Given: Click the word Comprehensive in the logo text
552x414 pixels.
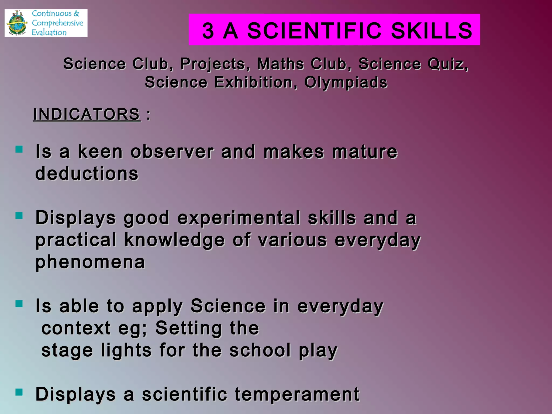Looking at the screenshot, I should point(57,23).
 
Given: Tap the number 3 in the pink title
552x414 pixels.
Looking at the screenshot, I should point(208,30).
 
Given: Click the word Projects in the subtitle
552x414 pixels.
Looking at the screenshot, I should point(212,64).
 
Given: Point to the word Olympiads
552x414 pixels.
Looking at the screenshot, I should point(346,82).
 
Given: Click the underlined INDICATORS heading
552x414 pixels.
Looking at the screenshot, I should point(87,114).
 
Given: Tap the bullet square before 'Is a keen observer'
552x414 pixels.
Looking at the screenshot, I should point(19,149).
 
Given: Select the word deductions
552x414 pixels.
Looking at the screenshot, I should point(87,173).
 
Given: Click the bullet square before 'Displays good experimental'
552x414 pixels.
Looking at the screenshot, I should point(19,216).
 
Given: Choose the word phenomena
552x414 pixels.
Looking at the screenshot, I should point(90,262).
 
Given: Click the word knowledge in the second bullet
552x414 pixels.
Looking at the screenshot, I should point(174,240).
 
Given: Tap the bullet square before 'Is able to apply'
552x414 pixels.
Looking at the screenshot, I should point(19,304).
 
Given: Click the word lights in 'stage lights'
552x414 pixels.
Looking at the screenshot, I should point(126,350).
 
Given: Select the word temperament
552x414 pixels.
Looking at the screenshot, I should point(297,394).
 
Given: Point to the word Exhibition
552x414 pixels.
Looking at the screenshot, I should point(253,82).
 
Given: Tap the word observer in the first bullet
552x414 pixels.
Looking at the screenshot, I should point(172,151).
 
